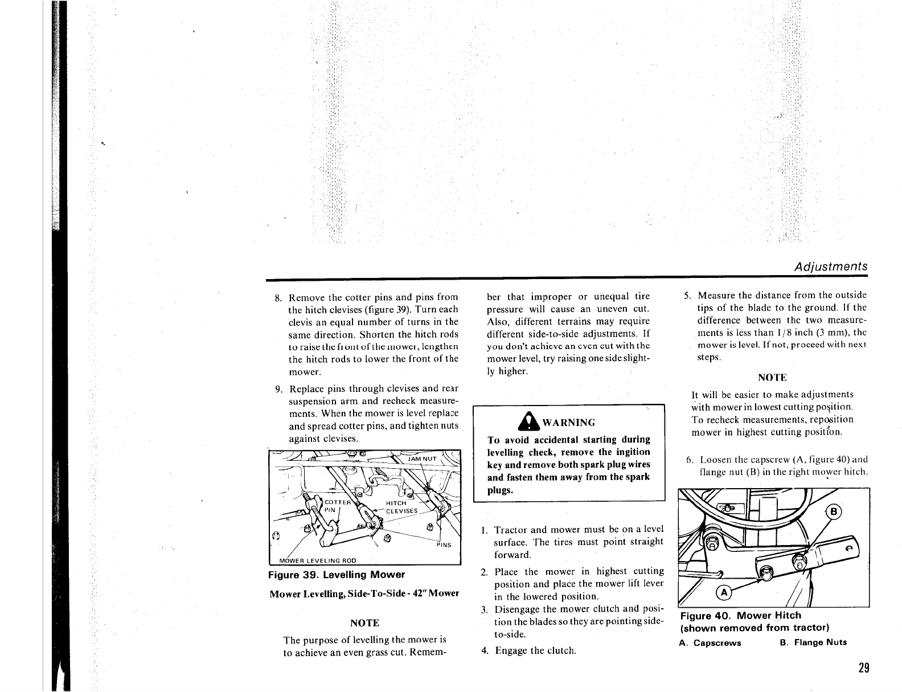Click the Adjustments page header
831,267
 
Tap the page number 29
863,668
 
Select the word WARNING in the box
568,423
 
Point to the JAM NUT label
422,458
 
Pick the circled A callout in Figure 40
724,592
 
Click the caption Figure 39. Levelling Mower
336,574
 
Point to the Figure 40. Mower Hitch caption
740,616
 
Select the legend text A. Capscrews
710,643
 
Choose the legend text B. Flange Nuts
813,643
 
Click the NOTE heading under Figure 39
365,623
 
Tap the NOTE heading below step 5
772,378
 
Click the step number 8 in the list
278,298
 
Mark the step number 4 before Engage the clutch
484,650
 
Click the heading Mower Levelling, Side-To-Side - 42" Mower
364,593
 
